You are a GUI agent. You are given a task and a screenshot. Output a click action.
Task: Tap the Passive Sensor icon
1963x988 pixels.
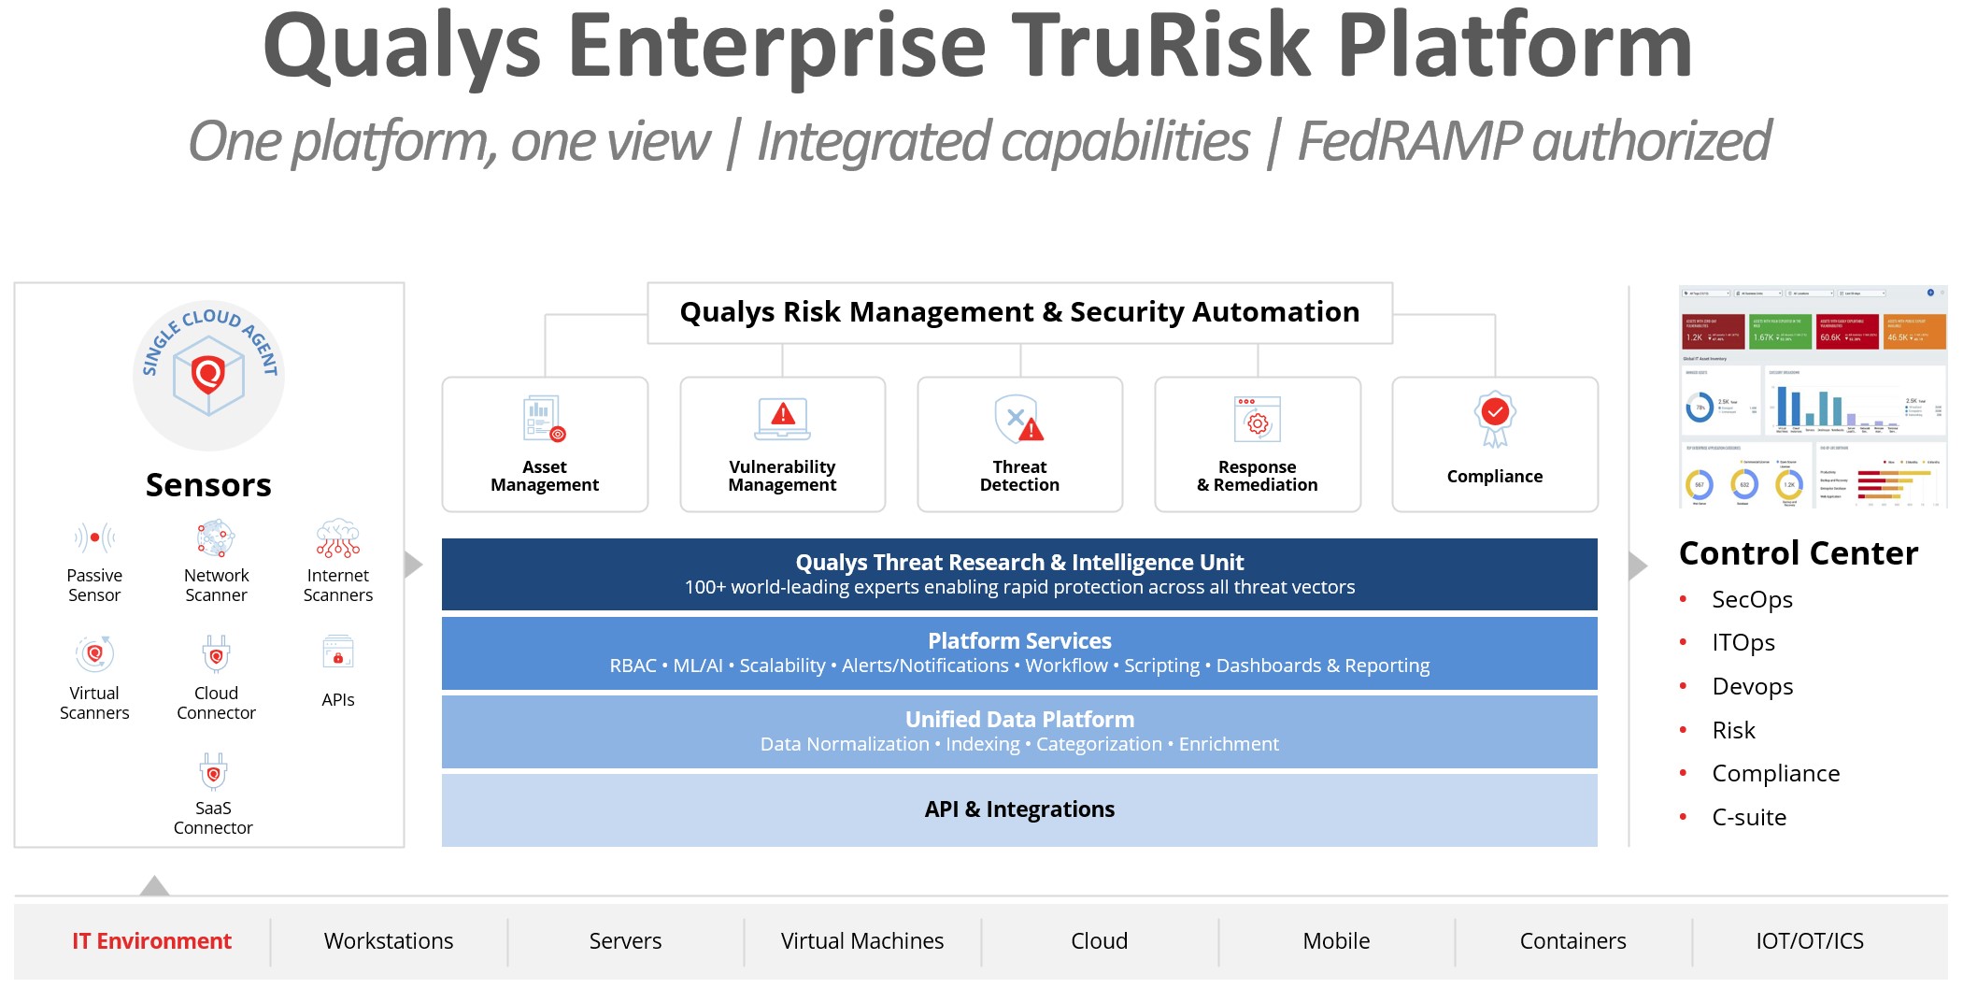pyautogui.click(x=94, y=537)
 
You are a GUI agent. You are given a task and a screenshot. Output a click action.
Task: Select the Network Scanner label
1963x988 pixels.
pyautogui.click(x=216, y=585)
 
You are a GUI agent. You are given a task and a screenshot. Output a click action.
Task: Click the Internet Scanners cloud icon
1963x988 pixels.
pyautogui.click(x=338, y=538)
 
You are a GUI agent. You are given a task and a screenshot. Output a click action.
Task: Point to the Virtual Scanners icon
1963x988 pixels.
pyautogui.click(x=94, y=653)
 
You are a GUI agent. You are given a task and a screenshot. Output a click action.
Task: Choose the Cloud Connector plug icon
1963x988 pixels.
pyautogui.click(x=216, y=653)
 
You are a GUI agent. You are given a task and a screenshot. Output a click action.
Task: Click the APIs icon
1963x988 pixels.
pyautogui.click(x=338, y=651)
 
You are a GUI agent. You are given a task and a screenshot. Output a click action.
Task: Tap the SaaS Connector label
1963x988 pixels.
pyautogui.click(x=213, y=818)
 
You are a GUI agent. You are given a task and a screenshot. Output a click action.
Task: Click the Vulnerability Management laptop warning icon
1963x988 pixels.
pyautogui.click(x=783, y=418)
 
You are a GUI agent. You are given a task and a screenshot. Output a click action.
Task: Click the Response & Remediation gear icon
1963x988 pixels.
pyautogui.click(x=1258, y=420)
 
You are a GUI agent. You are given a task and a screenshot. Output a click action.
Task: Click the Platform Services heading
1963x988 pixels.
pyautogui.click(x=1019, y=640)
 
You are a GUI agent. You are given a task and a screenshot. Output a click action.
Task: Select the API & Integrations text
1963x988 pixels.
pyautogui.click(x=1019, y=809)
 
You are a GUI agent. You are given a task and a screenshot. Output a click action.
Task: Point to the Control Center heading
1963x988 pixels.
pyautogui.click(x=1799, y=553)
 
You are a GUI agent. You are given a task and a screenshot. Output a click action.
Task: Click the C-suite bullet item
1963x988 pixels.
pyautogui.click(x=1749, y=818)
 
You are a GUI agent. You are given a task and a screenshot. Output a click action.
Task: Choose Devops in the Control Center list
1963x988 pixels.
pyautogui.click(x=1753, y=687)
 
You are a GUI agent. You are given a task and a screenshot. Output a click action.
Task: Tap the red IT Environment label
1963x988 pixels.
pyautogui.click(x=151, y=941)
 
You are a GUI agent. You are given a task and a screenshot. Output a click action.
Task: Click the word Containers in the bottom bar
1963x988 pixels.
pyautogui.click(x=1572, y=941)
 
